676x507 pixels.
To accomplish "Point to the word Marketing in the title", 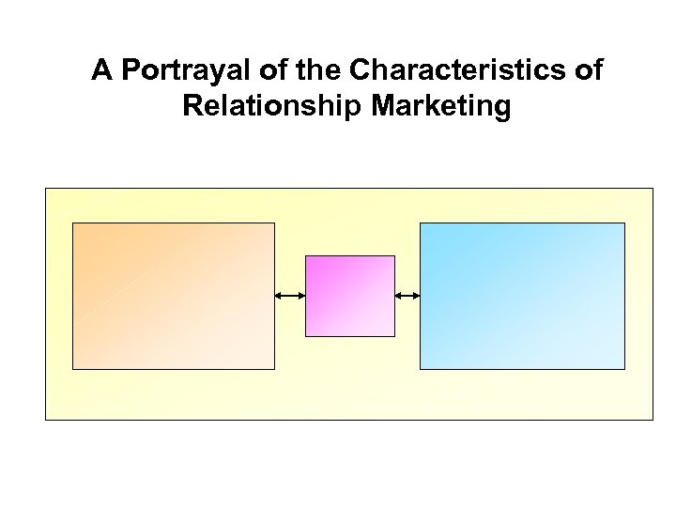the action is (443, 106).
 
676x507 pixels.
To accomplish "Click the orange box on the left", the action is (174, 296).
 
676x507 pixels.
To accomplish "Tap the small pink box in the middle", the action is (349, 296).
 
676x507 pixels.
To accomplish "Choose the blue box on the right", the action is (521, 296).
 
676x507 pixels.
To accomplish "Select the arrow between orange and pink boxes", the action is (290, 296).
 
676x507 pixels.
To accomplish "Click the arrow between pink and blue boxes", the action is (407, 296).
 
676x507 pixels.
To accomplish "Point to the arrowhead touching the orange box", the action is (279, 296).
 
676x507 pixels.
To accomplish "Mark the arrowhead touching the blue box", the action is (416, 296).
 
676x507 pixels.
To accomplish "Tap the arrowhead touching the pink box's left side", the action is (301, 296).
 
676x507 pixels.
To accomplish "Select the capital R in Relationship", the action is (193, 106).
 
